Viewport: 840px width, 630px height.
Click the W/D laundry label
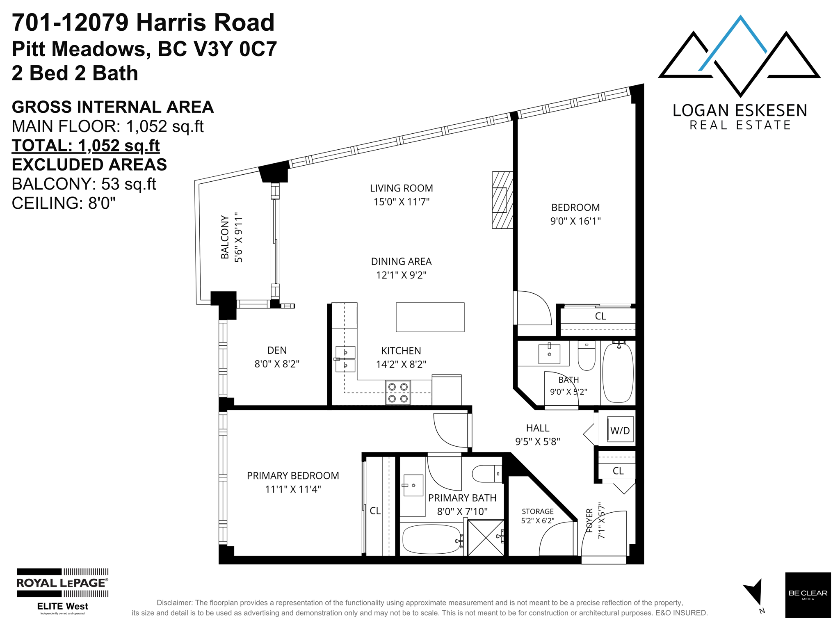tap(620, 431)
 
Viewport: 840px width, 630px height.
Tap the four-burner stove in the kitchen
tap(398, 393)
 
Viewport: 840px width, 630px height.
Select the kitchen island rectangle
tap(430, 317)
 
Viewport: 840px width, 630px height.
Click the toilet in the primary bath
tap(487, 474)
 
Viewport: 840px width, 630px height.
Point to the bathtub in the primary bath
tap(432, 539)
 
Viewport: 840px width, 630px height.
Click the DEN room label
tap(277, 350)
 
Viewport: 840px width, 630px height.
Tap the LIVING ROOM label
tap(401, 188)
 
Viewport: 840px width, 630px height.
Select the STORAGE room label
tap(537, 511)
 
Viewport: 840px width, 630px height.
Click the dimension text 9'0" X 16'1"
tap(575, 221)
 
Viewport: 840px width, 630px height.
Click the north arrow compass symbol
tap(754, 592)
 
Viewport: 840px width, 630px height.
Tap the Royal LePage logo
tap(62, 591)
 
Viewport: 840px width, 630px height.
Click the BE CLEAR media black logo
tap(808, 595)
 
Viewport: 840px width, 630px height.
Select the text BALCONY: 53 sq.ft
tap(84, 184)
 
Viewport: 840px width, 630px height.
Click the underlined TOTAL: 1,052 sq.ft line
tap(86, 146)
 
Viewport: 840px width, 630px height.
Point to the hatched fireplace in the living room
tap(502, 200)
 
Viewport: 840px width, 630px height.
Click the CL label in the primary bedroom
tap(375, 511)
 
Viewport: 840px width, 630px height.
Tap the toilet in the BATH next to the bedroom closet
tap(587, 356)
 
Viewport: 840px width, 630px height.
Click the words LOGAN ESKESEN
tap(740, 110)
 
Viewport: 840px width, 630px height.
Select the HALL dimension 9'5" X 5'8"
tap(537, 442)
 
